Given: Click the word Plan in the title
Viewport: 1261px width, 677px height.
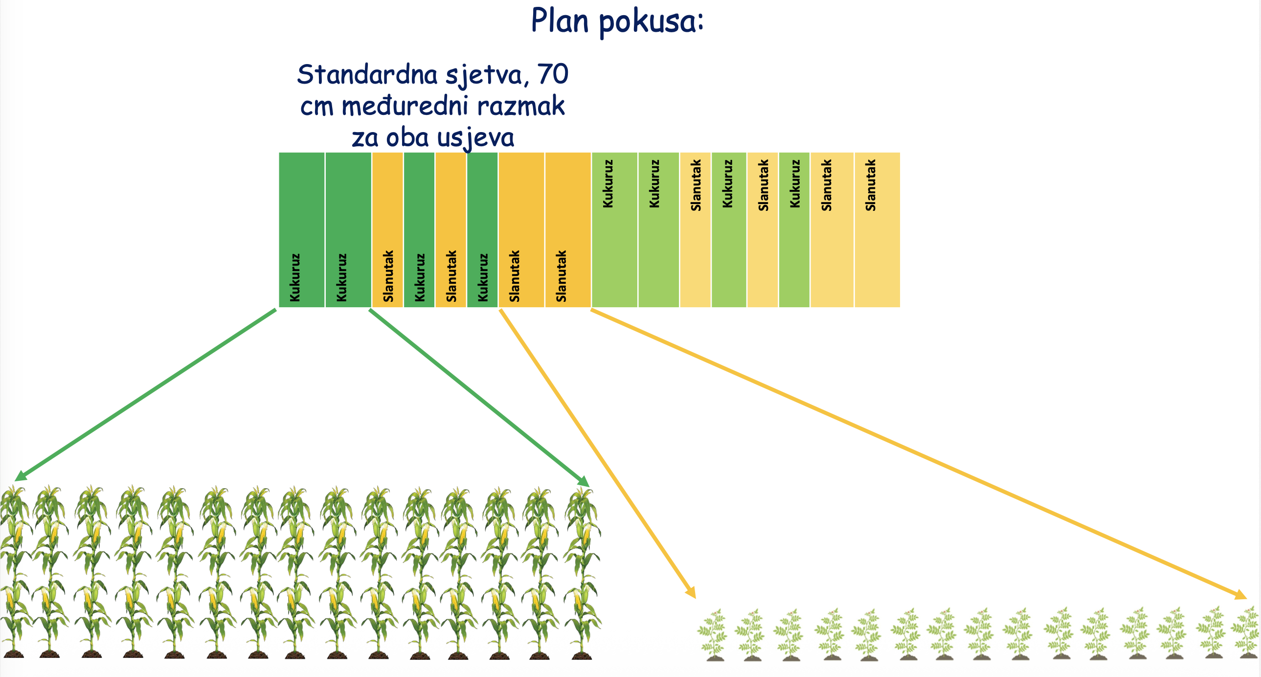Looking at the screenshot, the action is [x=560, y=21].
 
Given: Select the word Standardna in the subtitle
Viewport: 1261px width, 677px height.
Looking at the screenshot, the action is [x=367, y=74].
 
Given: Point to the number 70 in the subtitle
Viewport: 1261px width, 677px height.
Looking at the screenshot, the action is [x=553, y=74].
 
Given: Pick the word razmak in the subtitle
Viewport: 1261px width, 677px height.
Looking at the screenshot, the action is [x=521, y=106].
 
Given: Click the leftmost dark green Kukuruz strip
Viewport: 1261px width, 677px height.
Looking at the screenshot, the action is [x=301, y=229].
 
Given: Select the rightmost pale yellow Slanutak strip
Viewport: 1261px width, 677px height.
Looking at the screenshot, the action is [x=877, y=229].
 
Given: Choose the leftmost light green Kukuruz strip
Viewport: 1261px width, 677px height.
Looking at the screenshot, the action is [x=614, y=229].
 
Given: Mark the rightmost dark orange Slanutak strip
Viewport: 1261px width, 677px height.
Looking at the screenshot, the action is [x=568, y=229].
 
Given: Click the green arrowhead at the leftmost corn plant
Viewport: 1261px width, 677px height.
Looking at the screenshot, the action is [x=21, y=475].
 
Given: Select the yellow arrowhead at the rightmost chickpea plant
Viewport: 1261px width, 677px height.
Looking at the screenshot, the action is [x=1240, y=595].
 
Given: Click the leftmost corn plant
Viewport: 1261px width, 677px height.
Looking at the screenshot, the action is [x=15, y=572].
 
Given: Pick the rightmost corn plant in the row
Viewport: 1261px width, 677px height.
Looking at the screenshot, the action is [x=583, y=573].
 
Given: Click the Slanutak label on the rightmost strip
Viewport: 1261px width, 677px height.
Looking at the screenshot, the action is [x=870, y=185].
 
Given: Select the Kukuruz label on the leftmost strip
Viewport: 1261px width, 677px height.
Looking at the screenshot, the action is [x=294, y=277].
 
